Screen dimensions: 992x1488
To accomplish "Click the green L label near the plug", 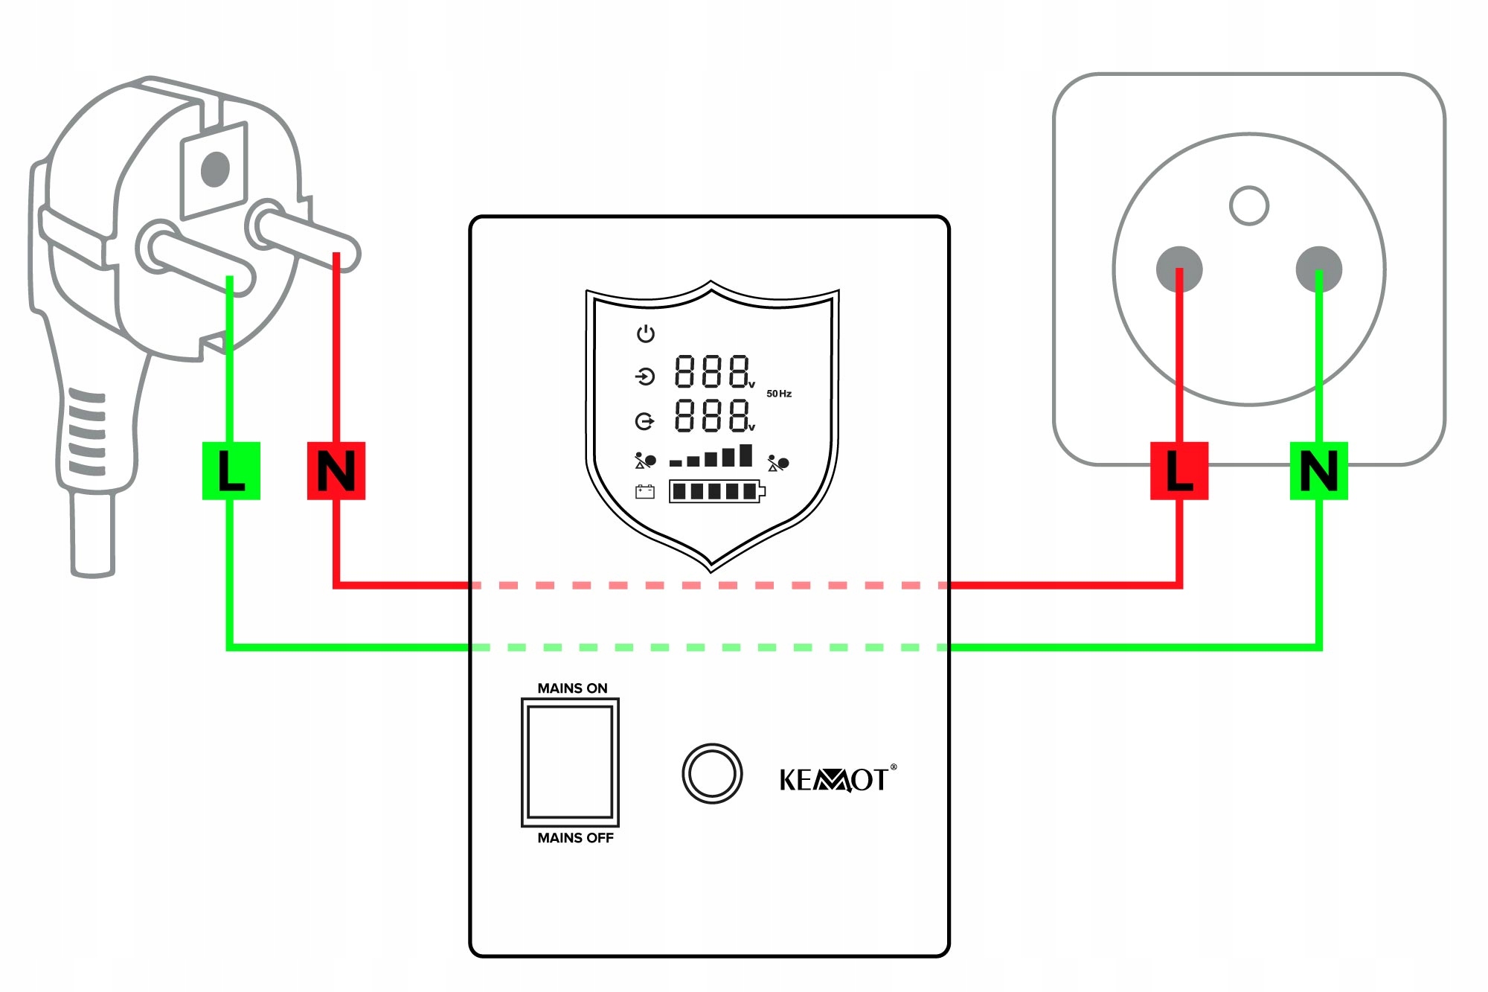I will pyautogui.click(x=231, y=470).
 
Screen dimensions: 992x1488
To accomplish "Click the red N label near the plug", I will pyautogui.click(x=336, y=470).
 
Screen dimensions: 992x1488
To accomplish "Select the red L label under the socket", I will pyautogui.click(x=1179, y=470).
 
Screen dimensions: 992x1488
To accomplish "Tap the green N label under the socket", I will pyautogui.click(x=1319, y=470).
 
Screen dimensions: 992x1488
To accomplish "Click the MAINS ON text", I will pyautogui.click(x=572, y=688).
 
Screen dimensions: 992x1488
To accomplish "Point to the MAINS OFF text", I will pyautogui.click(x=575, y=838).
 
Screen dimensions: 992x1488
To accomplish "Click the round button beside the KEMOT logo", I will pyautogui.click(x=712, y=774).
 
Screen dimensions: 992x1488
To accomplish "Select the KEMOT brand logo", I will pyautogui.click(x=836, y=780).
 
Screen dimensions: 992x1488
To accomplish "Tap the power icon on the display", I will pyautogui.click(x=645, y=333).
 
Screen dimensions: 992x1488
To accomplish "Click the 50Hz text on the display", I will pyautogui.click(x=779, y=394).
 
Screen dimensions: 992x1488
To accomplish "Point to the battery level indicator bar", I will pyautogui.click(x=716, y=491).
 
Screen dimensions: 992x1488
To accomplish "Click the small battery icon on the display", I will pyautogui.click(x=644, y=491).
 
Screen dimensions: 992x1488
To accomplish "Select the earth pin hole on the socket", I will pyautogui.click(x=1249, y=205).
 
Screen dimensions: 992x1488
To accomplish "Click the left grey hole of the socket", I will pyautogui.click(x=1179, y=269).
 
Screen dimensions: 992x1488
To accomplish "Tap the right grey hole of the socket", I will pyautogui.click(x=1319, y=269).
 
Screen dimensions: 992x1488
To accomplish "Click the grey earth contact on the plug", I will pyautogui.click(x=215, y=169).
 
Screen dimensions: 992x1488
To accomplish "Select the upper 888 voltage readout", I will pyautogui.click(x=713, y=371).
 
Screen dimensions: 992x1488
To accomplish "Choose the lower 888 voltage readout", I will pyautogui.click(x=713, y=415).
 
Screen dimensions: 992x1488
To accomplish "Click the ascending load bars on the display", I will pyautogui.click(x=711, y=456).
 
